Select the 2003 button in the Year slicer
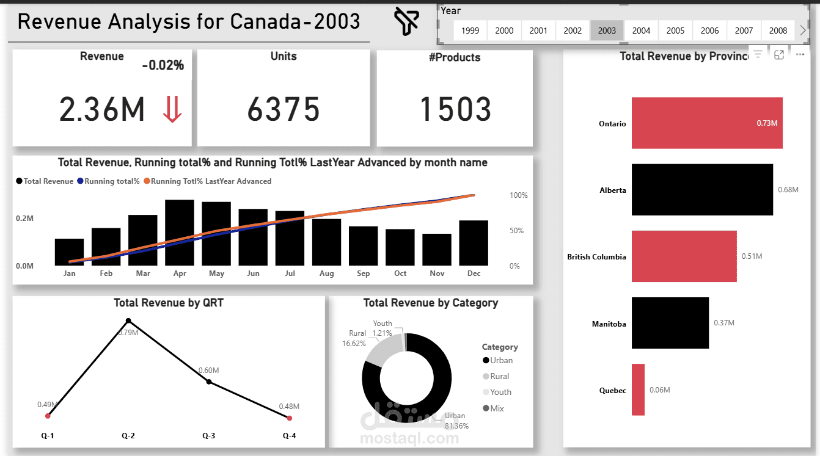pyautogui.click(x=607, y=31)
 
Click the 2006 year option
pyautogui.click(x=709, y=31)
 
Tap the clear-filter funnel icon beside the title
pyautogui.click(x=406, y=21)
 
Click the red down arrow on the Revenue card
pyautogui.click(x=172, y=109)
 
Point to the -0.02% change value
pyautogui.click(x=163, y=65)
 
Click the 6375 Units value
pyautogui.click(x=284, y=109)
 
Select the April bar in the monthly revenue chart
pyautogui.click(x=180, y=233)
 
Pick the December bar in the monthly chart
pyautogui.click(x=474, y=243)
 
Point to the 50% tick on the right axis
pyautogui.click(x=516, y=230)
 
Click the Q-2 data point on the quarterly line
pyautogui.click(x=128, y=320)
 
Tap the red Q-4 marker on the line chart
pyautogui.click(x=289, y=418)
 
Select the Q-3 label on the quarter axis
pyautogui.click(x=208, y=435)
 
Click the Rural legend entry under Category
pyautogui.click(x=496, y=376)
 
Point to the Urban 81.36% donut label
pyautogui.click(x=456, y=421)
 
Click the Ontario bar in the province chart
pyautogui.click(x=707, y=123)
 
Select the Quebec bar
pyautogui.click(x=638, y=389)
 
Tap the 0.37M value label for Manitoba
pyautogui.click(x=723, y=322)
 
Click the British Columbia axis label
pyautogui.click(x=596, y=257)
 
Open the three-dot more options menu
pyautogui.click(x=800, y=54)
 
